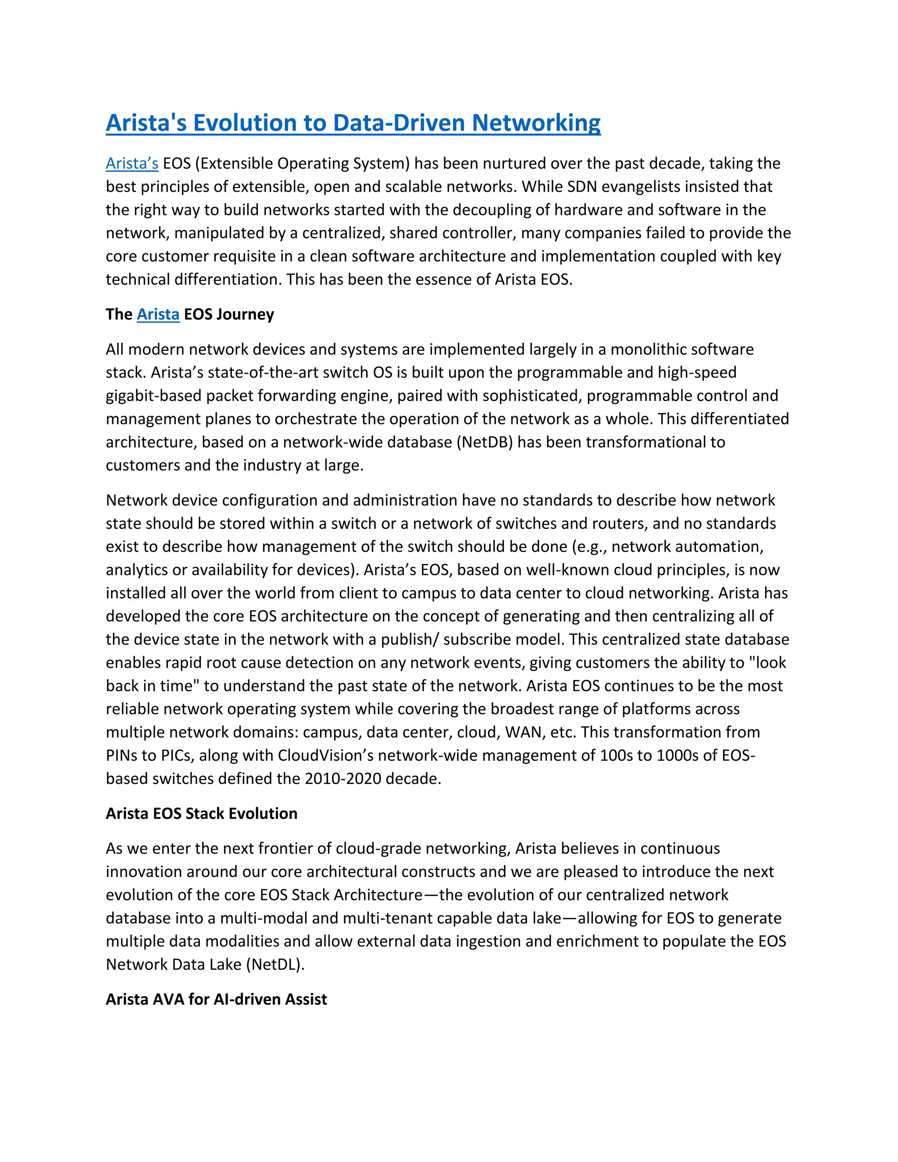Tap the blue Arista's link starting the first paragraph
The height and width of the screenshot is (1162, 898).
(x=132, y=164)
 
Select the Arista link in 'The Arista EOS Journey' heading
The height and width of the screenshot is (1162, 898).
(x=158, y=314)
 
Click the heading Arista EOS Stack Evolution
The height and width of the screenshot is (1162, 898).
(x=201, y=813)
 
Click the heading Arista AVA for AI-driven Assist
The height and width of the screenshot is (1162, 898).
(x=216, y=999)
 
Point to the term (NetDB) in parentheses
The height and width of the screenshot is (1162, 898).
(x=485, y=442)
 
